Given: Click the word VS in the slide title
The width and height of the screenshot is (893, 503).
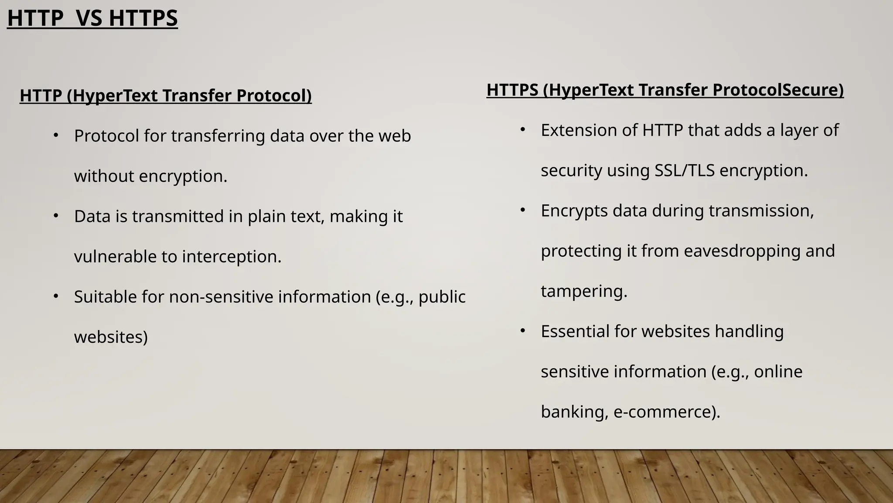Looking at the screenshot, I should click(89, 19).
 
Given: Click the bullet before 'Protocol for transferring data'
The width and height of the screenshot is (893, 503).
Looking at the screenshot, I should click(56, 136).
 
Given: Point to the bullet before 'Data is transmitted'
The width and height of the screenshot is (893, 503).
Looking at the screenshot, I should click(56, 216).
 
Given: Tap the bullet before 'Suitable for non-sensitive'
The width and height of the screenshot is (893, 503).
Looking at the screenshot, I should click(56, 296).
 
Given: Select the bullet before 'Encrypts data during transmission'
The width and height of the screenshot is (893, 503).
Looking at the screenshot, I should click(523, 210).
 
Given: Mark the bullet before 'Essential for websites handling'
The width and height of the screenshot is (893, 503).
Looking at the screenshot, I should click(523, 331).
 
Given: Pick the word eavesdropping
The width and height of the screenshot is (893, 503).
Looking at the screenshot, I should click(742, 251).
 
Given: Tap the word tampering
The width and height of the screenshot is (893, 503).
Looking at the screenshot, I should click(584, 291).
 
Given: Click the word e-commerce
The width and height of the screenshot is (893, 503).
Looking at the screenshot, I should click(667, 412).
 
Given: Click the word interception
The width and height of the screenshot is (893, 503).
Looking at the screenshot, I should click(232, 256).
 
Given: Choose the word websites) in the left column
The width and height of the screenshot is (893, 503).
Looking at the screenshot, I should click(111, 337).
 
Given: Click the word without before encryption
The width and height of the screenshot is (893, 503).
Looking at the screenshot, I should click(104, 176).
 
